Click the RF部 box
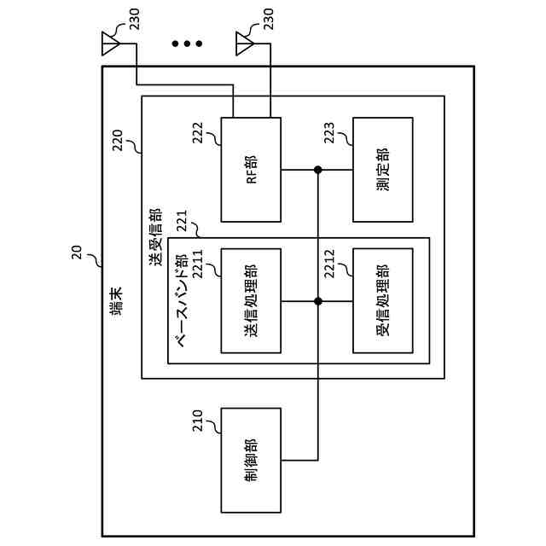coord(251,170)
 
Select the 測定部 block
coord(383,170)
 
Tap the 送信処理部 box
coord(251,301)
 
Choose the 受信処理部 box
coord(383,301)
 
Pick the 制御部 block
coord(251,461)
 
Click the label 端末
coord(116,301)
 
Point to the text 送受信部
coord(155,237)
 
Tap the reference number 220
coord(118,140)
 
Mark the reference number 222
coord(197,133)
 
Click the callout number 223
coord(329,133)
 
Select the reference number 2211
coord(197,264)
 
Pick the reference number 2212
coord(329,264)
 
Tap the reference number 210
coord(197,421)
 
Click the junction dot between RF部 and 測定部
coord(318,170)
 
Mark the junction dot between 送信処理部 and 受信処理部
coord(318,301)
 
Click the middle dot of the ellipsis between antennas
coord(187,44)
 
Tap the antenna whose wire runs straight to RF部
coord(245,44)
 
